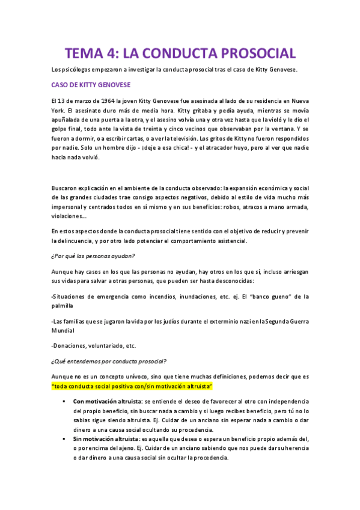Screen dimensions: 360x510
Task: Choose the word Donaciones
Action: (x=71, y=346)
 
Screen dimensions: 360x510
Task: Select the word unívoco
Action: (x=131, y=376)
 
